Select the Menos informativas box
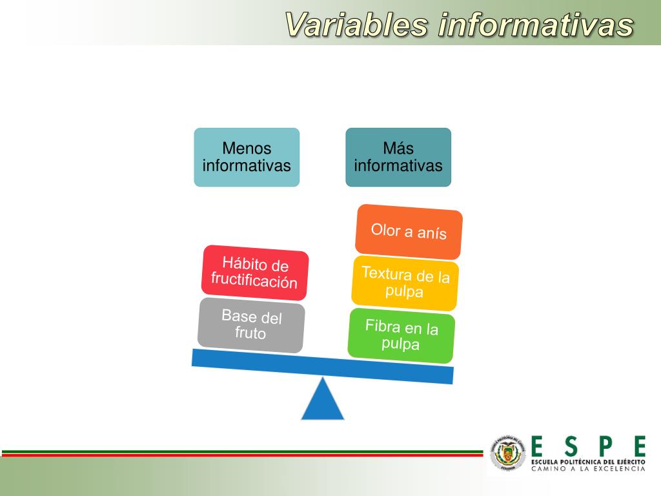click(x=247, y=157)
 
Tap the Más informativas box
click(x=398, y=157)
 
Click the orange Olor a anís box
click(x=409, y=231)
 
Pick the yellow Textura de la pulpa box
click(x=405, y=282)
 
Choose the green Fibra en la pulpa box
click(x=401, y=335)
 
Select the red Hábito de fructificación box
click(x=254, y=273)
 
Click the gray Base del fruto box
click(x=251, y=325)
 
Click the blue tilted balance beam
click(x=323, y=366)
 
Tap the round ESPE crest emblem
click(x=509, y=452)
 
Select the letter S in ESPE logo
click(x=571, y=446)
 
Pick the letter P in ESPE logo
click(x=605, y=446)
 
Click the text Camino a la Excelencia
click(x=588, y=469)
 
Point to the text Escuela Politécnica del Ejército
click(x=588, y=462)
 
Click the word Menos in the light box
click(x=247, y=149)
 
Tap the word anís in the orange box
click(x=432, y=233)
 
